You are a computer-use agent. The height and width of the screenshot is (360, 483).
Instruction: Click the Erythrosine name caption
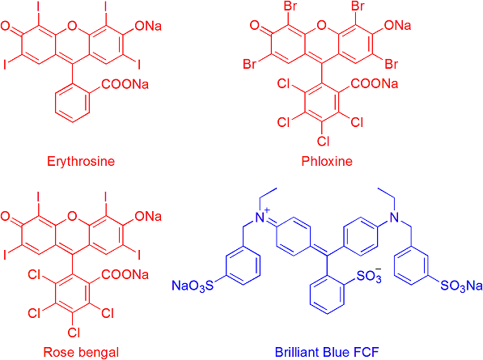81,161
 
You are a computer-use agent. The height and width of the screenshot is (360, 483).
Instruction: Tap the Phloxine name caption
327,161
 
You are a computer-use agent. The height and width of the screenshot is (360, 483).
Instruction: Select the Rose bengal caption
81,352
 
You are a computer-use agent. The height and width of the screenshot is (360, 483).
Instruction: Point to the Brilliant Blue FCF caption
327,352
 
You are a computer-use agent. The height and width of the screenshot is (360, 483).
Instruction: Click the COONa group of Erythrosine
125,84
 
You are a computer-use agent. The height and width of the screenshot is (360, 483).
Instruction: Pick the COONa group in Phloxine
375,83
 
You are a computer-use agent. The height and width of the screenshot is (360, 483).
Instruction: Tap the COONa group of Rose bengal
125,274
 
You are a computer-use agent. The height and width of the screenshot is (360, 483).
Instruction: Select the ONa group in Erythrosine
148,26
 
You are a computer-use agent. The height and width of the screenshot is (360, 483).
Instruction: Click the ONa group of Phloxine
397,25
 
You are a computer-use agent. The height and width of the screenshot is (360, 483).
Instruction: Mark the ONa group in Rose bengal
148,216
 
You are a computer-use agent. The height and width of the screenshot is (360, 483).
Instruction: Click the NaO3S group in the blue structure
193,286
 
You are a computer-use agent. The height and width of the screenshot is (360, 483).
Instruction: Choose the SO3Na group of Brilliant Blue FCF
461,286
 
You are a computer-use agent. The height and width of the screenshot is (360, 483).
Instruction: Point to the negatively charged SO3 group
369,275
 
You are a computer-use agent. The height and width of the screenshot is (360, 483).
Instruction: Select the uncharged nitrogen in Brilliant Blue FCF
395,218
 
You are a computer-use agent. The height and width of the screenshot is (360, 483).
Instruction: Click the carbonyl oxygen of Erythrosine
5,26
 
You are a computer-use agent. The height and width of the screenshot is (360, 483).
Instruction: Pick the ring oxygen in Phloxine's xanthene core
321,25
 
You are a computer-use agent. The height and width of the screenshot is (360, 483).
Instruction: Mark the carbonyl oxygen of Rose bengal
5,216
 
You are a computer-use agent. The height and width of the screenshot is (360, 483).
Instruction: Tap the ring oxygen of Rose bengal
72,216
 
